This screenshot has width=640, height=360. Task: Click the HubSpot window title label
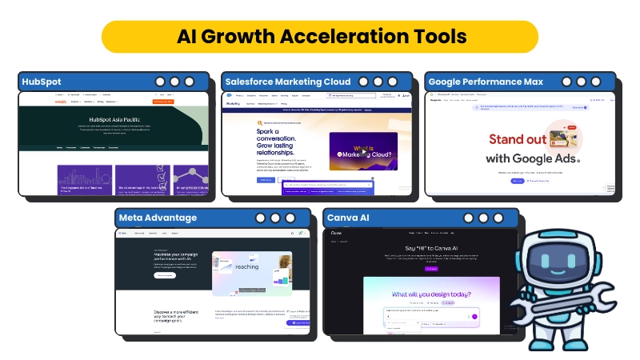(42, 82)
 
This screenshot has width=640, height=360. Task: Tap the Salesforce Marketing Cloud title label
(288, 82)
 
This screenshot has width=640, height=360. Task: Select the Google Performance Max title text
(486, 82)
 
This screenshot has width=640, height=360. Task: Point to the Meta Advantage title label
(158, 218)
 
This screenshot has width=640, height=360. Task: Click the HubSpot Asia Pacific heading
(117, 119)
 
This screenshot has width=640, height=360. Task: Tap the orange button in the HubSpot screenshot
(163, 102)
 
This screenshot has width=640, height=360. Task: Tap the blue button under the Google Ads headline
(518, 181)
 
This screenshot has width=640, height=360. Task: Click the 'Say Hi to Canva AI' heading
(420, 248)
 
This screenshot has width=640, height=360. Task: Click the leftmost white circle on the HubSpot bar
(160, 82)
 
